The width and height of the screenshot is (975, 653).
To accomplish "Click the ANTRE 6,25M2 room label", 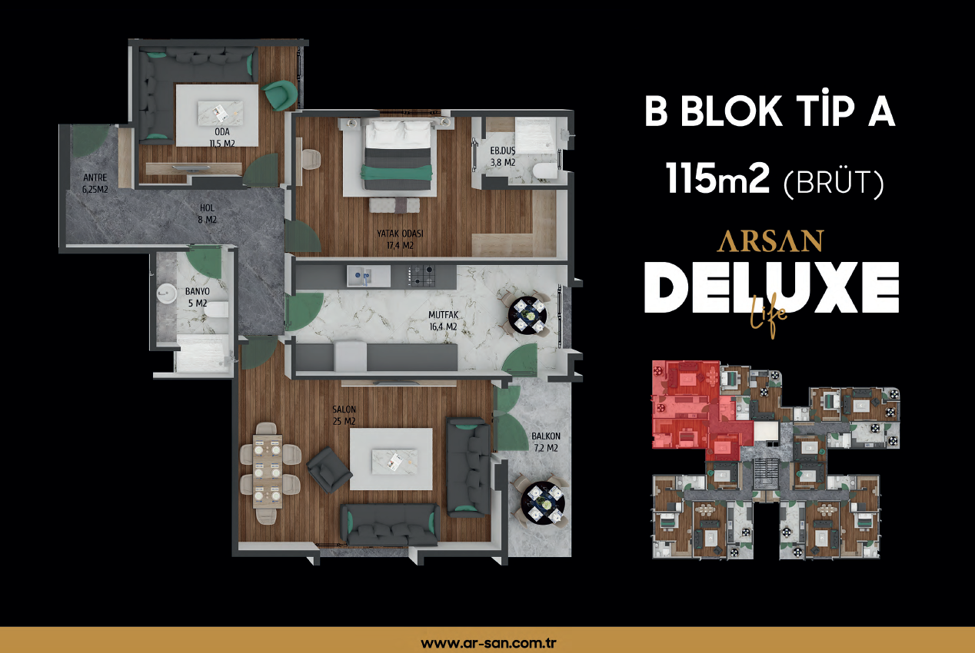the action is pos(95,184).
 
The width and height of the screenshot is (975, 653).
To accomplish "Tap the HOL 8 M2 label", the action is pos(207,214).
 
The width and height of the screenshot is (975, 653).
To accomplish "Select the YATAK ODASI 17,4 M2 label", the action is pos(400,240).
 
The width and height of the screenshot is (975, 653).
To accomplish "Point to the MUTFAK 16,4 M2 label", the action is pos(443,321).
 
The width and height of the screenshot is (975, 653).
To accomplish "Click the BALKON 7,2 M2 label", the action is pos(546,442).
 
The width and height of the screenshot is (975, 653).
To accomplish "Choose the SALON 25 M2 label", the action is pos(344,415).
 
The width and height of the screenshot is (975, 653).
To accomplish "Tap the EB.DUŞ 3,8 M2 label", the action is pos(503,157).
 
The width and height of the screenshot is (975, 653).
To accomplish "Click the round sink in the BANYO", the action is pos(166,293).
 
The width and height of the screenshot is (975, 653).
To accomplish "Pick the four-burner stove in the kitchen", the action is pos(421,276).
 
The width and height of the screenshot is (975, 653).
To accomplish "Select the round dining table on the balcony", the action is pos(543,503).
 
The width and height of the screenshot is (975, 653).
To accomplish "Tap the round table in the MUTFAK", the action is pos(527,315).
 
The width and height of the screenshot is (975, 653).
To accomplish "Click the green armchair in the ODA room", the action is pos(279,94).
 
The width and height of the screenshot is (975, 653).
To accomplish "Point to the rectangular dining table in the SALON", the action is pos(268,472).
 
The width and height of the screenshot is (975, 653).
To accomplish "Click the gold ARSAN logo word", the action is pos(770,241).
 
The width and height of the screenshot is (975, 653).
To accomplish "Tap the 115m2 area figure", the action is pos(717,179).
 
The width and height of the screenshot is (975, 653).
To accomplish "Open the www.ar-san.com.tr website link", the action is pos(488,643).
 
